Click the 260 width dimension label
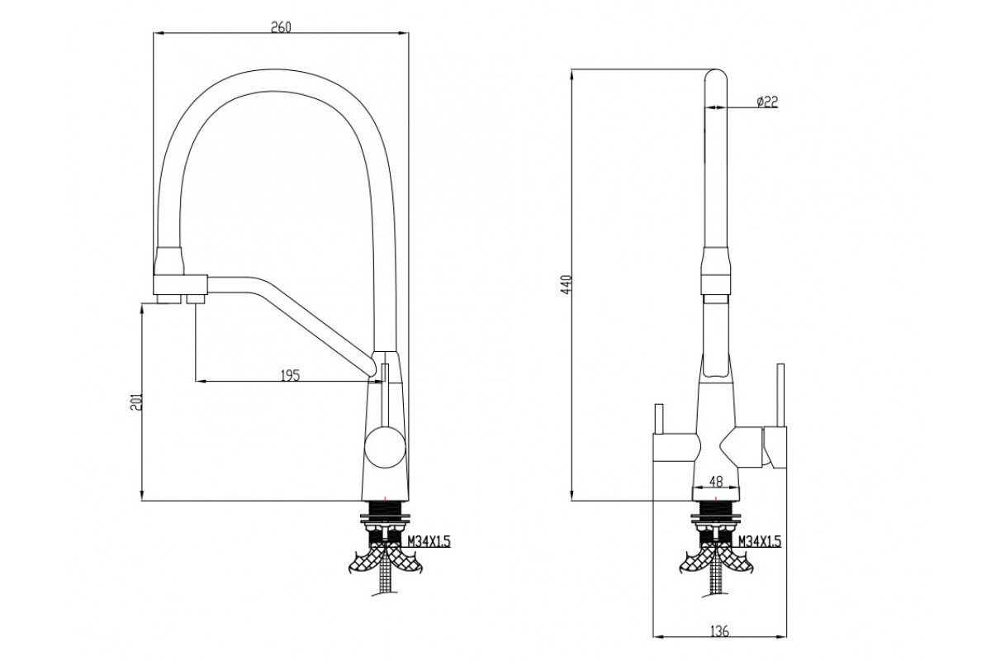281,27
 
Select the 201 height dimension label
135,402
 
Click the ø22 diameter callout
767,102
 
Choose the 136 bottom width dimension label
719,631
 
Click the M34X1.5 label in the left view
428,541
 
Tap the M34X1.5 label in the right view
759,541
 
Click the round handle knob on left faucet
385,446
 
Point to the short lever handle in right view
660,419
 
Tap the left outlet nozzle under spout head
169,299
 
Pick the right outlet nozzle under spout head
195,299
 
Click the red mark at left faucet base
386,498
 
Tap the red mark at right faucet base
716,498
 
